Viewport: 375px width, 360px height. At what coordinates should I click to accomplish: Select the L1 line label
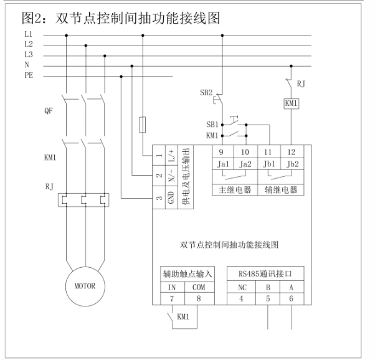[29, 34]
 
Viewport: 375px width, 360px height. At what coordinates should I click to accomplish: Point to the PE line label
[29, 76]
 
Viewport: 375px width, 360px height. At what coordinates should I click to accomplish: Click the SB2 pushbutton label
[206, 92]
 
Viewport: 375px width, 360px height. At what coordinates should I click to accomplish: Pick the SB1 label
[212, 124]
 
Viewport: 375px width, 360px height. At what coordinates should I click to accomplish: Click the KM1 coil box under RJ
[291, 103]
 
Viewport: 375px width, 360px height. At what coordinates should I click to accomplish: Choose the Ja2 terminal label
[246, 165]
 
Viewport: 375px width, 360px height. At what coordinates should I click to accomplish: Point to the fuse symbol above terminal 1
[143, 124]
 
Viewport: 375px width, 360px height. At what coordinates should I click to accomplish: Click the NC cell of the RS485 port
[242, 288]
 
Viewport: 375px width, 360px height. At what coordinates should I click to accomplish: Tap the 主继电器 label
[230, 189]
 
